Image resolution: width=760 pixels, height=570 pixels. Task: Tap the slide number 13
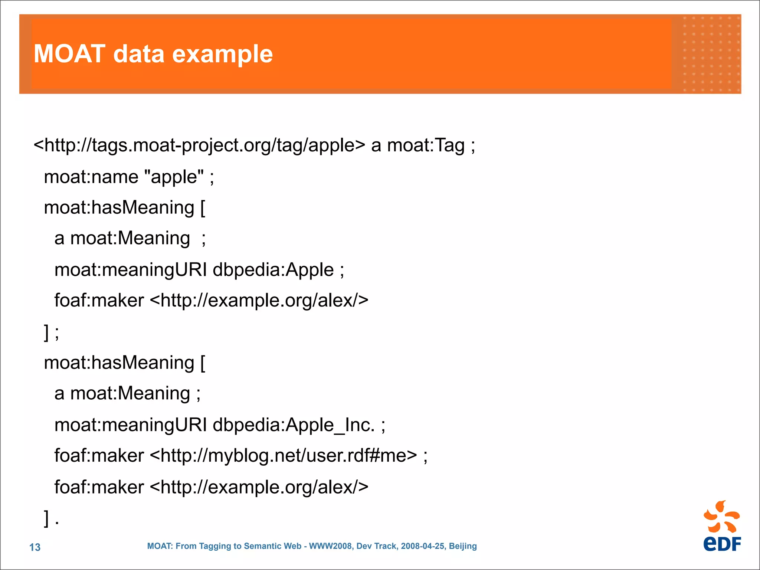click(x=35, y=547)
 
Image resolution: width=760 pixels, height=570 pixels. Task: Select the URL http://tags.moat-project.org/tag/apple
click(x=199, y=145)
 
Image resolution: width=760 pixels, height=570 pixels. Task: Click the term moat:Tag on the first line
click(x=426, y=145)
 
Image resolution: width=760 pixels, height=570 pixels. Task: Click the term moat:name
click(x=91, y=177)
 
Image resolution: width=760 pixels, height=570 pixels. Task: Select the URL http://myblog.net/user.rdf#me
click(x=284, y=456)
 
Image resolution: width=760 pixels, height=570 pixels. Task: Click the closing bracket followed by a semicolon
click(x=51, y=332)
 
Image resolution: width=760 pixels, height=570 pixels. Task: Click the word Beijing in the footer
click(x=463, y=546)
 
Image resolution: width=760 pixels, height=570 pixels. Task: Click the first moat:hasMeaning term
click(x=119, y=208)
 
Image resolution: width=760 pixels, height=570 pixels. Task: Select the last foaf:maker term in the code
click(x=99, y=487)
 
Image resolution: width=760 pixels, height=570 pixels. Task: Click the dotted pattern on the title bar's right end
click(x=711, y=54)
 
